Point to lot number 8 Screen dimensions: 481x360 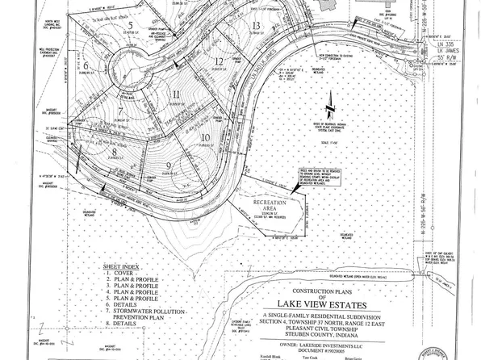116,151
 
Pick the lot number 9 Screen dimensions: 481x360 169,166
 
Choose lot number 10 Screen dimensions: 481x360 206,137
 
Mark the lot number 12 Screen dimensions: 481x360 218,61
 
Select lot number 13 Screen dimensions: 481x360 255,26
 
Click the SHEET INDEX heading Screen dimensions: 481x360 121,265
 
